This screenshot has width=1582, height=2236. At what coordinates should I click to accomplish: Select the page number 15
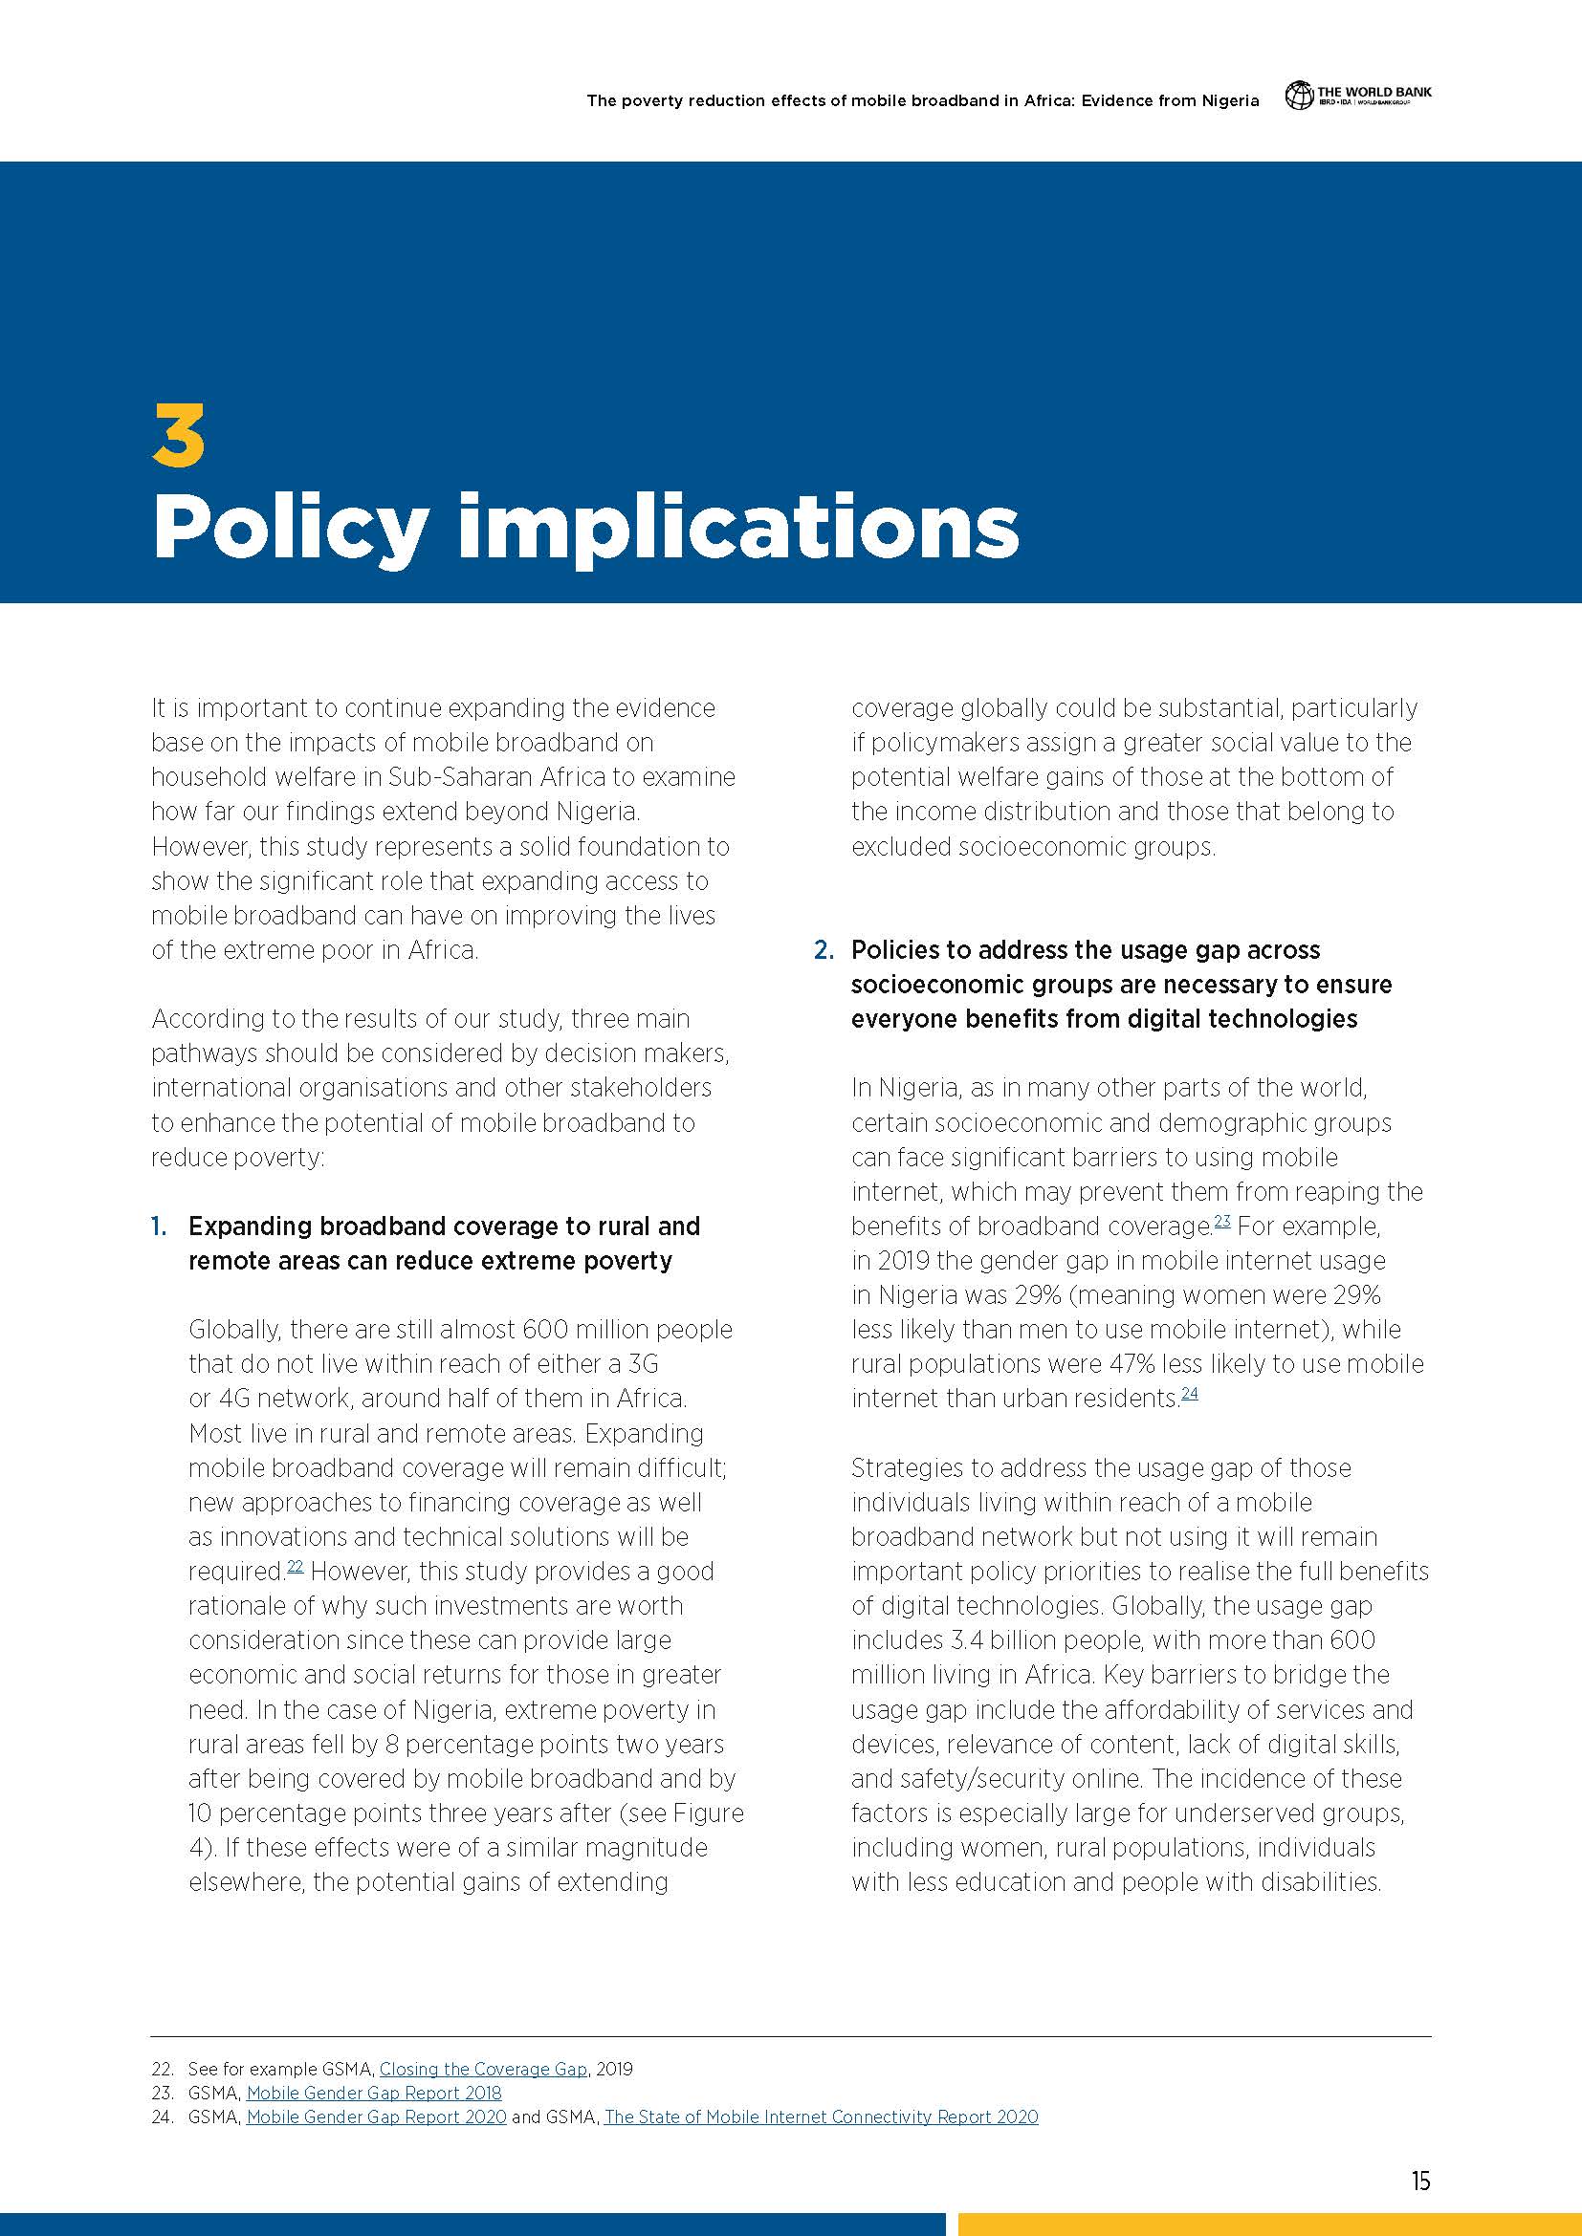tap(1420, 2182)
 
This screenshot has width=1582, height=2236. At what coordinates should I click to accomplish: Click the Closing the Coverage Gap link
tap(483, 2069)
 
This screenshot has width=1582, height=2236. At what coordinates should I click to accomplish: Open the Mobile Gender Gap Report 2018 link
tap(374, 2093)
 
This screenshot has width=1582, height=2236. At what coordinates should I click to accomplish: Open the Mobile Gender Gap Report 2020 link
tap(376, 2117)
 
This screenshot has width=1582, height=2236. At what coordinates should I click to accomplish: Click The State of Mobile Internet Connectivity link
tap(821, 2117)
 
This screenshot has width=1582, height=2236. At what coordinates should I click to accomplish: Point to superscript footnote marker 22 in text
tap(296, 1566)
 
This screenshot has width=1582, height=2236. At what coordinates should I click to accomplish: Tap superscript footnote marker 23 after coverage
tap(1222, 1220)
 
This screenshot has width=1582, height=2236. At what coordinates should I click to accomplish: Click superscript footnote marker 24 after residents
tap(1190, 1393)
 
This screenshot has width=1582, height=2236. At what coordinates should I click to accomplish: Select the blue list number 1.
tap(158, 1227)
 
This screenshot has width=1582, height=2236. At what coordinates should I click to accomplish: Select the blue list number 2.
tap(824, 949)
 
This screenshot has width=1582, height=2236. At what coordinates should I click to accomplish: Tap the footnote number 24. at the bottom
tap(162, 2117)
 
